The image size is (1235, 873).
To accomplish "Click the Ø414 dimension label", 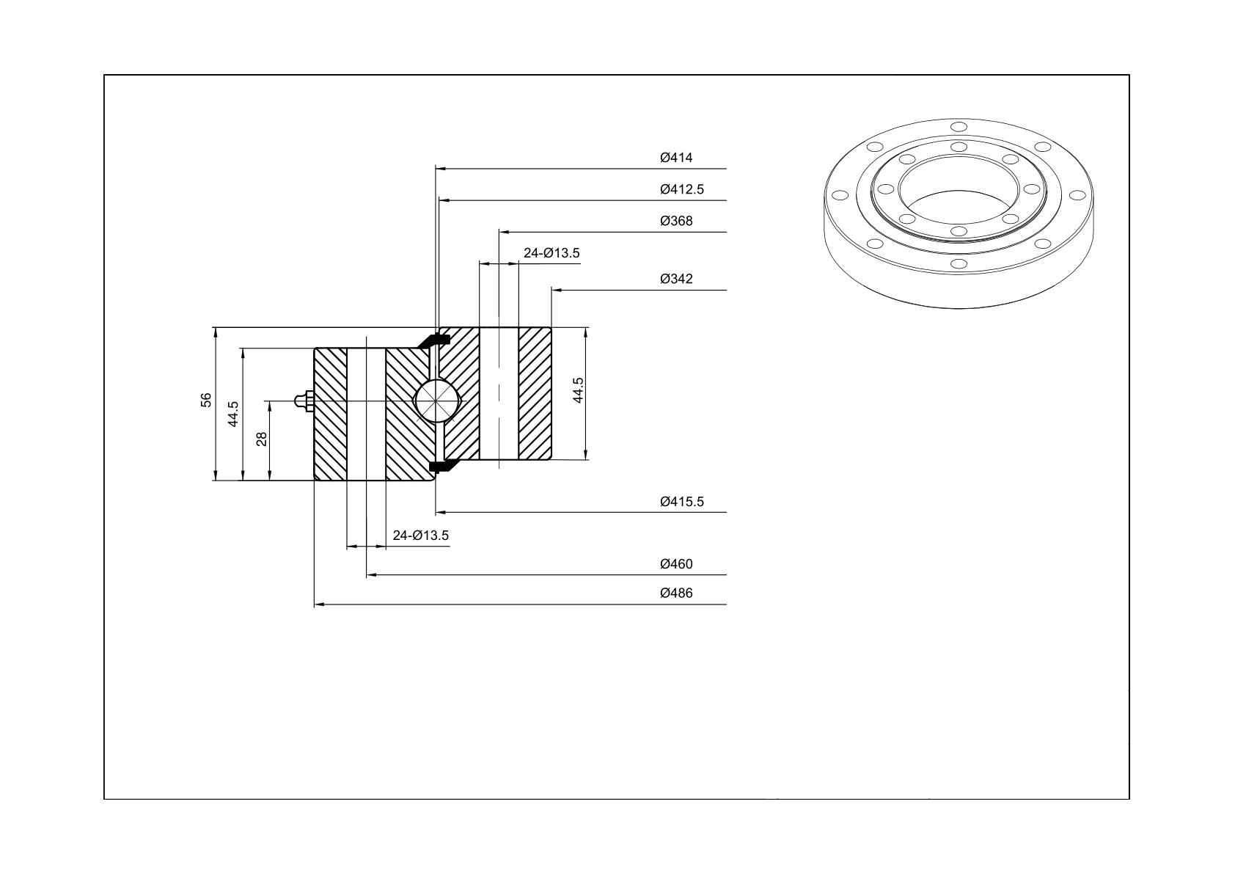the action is click(676, 158).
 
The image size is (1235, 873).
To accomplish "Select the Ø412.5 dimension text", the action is click(682, 189).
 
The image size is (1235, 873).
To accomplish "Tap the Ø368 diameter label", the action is click(676, 221).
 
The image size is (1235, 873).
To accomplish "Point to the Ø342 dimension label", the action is click(676, 279).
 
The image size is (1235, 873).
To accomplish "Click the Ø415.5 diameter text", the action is click(682, 501).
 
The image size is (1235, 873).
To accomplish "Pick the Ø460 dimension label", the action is click(676, 563).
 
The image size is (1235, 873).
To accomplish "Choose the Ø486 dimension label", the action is click(676, 593).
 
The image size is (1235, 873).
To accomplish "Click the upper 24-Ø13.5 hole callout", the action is click(551, 252).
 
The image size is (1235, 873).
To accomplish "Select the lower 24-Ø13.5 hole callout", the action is click(421, 535).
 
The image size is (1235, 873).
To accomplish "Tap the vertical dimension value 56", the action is click(205, 400).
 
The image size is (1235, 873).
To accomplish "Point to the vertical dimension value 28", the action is click(261, 439).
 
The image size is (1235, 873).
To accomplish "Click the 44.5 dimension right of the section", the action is click(578, 390).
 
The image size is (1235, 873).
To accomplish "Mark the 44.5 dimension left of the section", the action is click(233, 414).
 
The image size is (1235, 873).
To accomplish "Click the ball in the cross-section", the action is click(435, 401).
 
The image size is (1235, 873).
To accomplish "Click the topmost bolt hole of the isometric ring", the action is click(959, 127).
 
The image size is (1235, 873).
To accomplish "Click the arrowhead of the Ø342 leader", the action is click(556, 290).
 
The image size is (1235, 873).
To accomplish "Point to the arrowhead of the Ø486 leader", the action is click(319, 604).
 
